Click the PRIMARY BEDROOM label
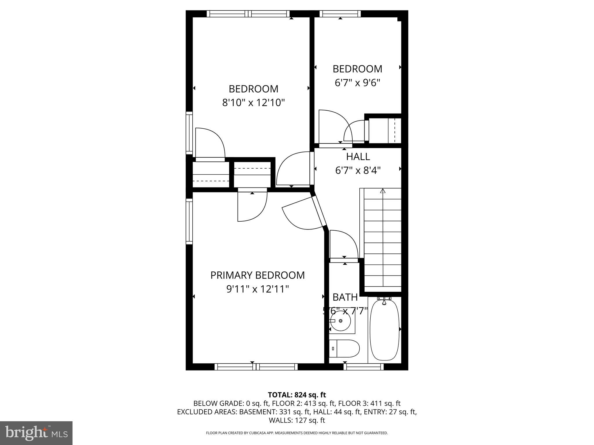[x=257, y=275]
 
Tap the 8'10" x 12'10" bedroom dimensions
[x=253, y=103]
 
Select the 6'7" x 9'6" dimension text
[x=357, y=83]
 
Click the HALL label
[x=358, y=157]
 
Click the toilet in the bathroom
[x=344, y=349]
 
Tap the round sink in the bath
[x=341, y=321]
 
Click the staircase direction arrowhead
[x=383, y=191]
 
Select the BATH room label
[x=345, y=297]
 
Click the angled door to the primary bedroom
[x=302, y=214]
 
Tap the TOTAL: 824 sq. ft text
[x=297, y=395]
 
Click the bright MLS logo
[x=36, y=433]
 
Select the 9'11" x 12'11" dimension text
[x=258, y=289]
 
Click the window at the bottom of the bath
[x=364, y=367]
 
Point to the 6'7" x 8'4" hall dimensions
[x=358, y=170]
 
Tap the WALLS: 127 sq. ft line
[x=297, y=420]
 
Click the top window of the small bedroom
[x=340, y=14]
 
